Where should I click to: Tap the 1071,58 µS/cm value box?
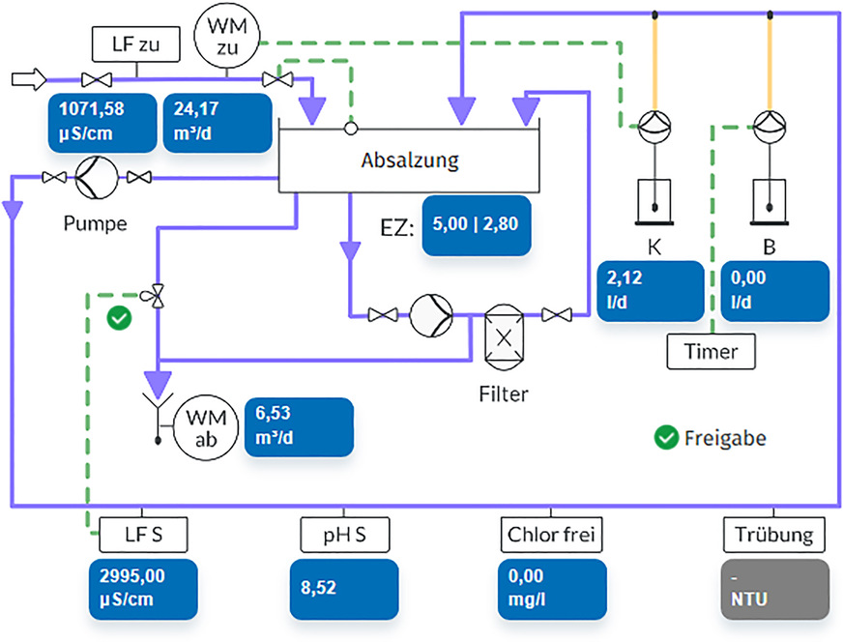pyautogui.click(x=102, y=123)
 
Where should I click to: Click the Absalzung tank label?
pyautogui.click(x=410, y=159)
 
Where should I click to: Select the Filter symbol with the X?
pyautogui.click(x=503, y=336)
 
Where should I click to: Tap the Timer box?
pyautogui.click(x=711, y=350)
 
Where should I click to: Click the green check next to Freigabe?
pyautogui.click(x=665, y=438)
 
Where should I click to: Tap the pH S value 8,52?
pyautogui.click(x=344, y=588)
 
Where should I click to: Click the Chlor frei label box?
pyautogui.click(x=552, y=533)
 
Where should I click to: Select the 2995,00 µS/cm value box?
pyautogui.click(x=144, y=588)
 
